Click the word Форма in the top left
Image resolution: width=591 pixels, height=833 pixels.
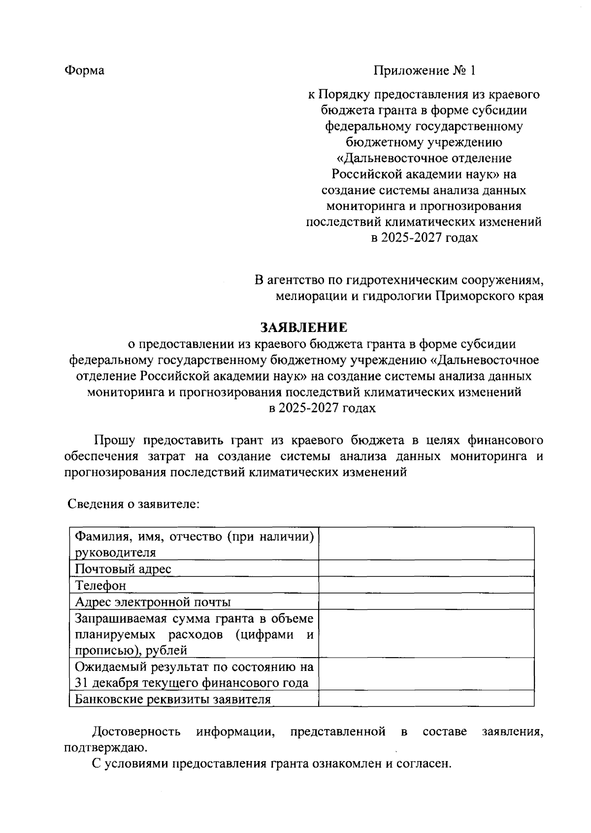tap(84, 70)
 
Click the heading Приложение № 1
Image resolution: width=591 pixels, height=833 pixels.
tap(425, 70)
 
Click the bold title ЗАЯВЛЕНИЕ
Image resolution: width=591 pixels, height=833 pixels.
tap(303, 328)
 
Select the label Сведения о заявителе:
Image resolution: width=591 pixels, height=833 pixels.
tap(133, 504)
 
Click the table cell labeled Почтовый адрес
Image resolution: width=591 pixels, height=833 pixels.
tap(123, 569)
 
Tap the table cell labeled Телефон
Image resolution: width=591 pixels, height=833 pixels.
tap(100, 585)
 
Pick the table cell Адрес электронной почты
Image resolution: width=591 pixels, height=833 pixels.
tap(153, 601)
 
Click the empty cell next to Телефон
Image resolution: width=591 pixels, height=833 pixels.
tap(426, 585)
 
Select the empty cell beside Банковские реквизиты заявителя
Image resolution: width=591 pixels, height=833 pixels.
tap(426, 699)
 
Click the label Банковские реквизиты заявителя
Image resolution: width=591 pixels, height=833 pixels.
tap(172, 699)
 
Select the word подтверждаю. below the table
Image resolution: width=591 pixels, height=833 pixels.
tap(105, 748)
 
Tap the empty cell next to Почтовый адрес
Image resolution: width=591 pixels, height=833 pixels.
tap(426, 568)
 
